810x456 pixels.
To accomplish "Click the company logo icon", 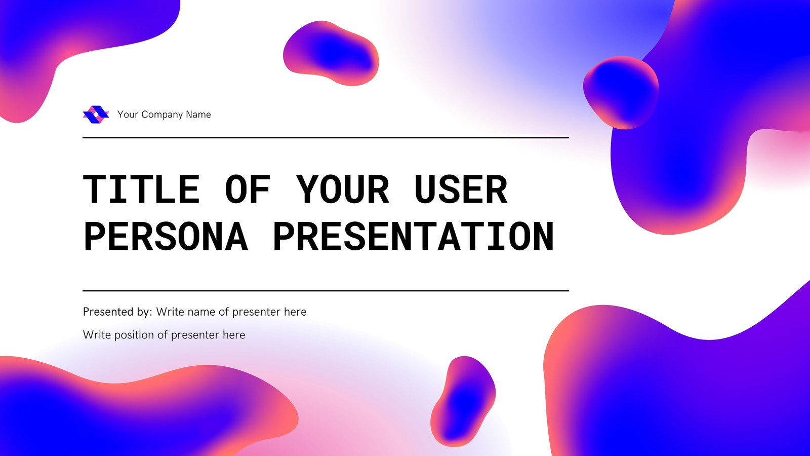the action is point(96,115).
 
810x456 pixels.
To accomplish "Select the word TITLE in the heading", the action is point(141,189).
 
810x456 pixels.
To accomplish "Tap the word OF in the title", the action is point(248,189).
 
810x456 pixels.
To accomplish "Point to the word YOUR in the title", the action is point(343,189).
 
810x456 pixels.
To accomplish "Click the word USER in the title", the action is point(461,189).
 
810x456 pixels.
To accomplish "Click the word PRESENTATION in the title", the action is point(414,236).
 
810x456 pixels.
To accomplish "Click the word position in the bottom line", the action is point(140,335).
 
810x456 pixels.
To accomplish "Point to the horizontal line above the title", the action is point(326,137).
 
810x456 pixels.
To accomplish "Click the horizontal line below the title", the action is point(326,291).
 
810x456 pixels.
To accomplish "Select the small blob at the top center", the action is point(331,53).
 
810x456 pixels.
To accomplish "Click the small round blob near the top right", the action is point(621,93).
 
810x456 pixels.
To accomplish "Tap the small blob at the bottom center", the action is point(463,401).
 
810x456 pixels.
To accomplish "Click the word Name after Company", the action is point(198,115).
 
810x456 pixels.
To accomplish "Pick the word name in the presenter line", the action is point(201,312).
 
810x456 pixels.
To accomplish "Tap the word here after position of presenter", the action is point(234,335).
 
